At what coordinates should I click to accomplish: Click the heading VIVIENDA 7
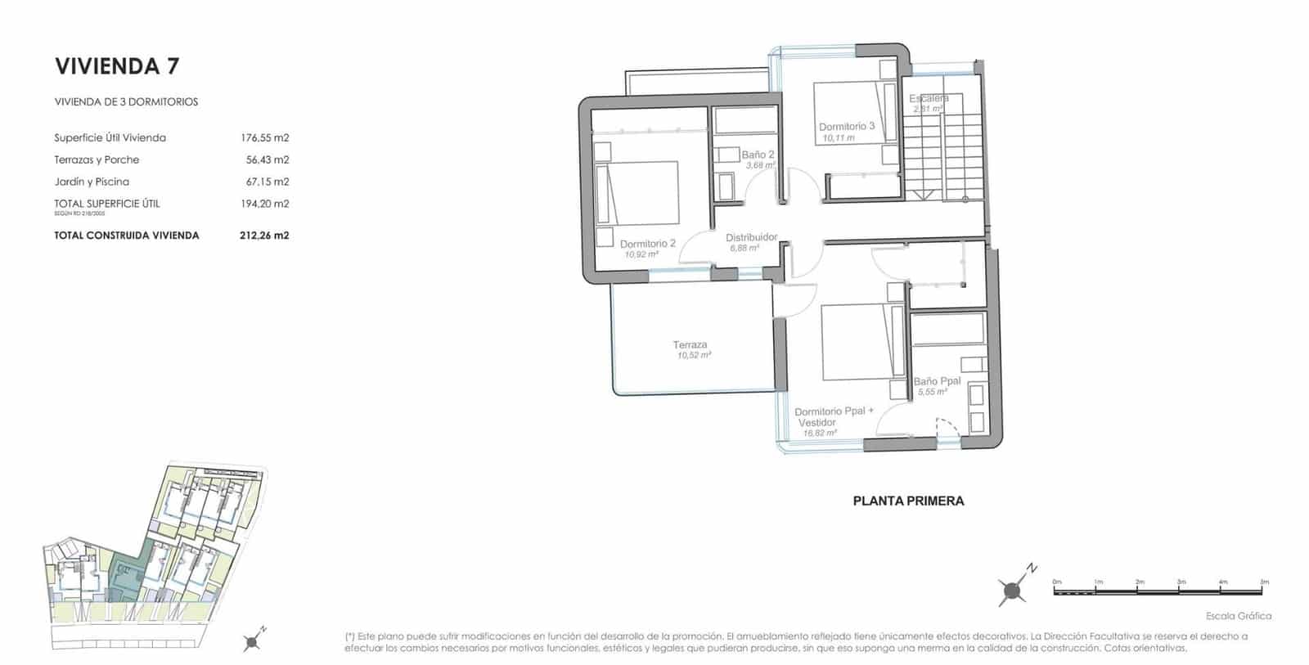[x=116, y=65]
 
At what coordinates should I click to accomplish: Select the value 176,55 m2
[x=264, y=137]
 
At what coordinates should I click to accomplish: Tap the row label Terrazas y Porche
[x=97, y=160]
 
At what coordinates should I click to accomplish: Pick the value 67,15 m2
[x=267, y=182]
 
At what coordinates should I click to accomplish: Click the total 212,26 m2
[x=264, y=236]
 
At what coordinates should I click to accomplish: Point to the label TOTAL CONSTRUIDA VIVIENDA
[x=126, y=236]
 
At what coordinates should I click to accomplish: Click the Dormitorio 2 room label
[x=647, y=244]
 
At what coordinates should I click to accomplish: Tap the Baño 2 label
[x=758, y=155]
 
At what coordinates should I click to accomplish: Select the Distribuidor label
[x=751, y=238]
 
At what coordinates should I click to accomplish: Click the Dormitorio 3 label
[x=847, y=127]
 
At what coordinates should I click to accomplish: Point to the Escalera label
[x=929, y=99]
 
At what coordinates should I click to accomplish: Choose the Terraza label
[x=690, y=345]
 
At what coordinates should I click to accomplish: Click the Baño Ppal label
[x=937, y=381]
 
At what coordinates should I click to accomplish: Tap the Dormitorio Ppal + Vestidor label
[x=834, y=416]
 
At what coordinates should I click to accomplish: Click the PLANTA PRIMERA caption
[x=908, y=501]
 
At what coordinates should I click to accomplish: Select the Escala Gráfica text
[x=1239, y=616]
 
